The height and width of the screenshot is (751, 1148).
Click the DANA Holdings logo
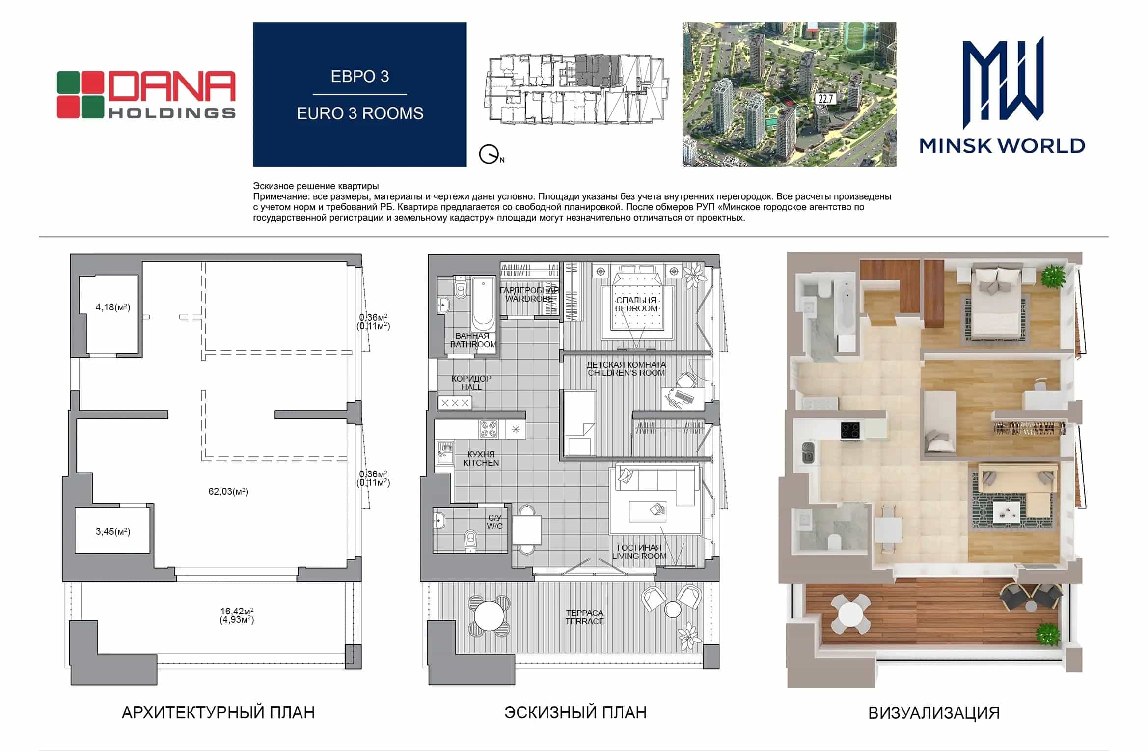[x=146, y=95]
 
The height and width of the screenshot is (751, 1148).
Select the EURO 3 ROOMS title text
[x=360, y=113]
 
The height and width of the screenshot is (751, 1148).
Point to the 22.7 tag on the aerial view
[x=825, y=99]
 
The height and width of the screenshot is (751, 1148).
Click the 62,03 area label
[x=228, y=491]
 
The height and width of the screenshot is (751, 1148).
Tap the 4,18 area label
[x=113, y=307]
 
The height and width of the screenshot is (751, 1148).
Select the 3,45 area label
[x=113, y=531]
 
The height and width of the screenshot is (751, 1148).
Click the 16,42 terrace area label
[x=237, y=615]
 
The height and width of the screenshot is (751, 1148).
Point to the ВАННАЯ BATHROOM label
[x=473, y=340]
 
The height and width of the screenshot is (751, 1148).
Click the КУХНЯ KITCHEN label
[x=481, y=458]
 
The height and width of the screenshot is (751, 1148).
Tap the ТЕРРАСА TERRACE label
[x=584, y=617]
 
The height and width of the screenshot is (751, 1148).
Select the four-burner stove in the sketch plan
[x=489, y=430]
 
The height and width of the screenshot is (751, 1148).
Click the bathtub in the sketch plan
[x=483, y=304]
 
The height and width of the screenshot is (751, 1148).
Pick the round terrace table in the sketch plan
[x=489, y=616]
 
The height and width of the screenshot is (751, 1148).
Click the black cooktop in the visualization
[x=850, y=430]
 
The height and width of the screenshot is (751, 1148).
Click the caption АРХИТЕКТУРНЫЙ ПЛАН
[x=218, y=712]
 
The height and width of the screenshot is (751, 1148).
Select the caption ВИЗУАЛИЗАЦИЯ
[x=934, y=713]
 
